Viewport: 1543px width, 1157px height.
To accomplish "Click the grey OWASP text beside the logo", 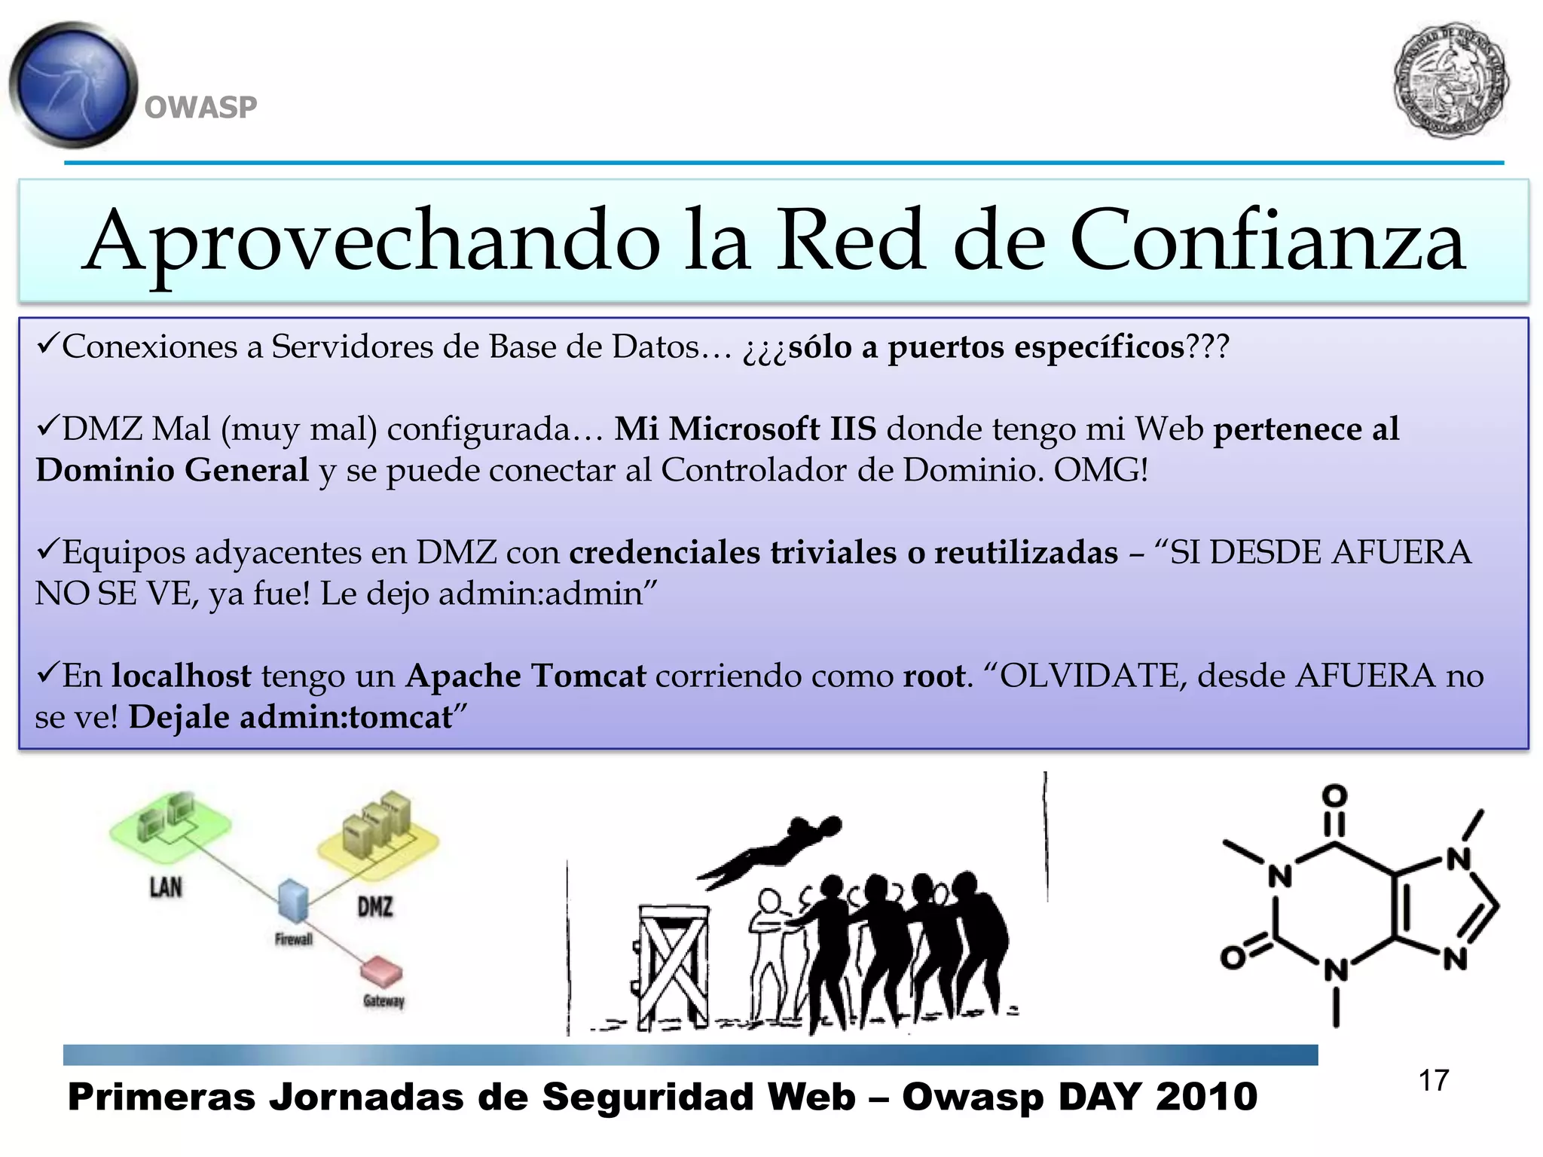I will [200, 108].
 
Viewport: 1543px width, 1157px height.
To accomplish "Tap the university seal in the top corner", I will [1450, 80].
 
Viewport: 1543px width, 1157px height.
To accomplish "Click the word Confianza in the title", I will [1266, 241].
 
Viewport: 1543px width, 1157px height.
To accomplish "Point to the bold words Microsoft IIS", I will [745, 429].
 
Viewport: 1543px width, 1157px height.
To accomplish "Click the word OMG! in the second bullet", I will [1101, 470].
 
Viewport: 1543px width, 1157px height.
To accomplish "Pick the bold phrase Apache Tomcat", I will [526, 676].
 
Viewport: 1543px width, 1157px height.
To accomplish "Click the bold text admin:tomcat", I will [346, 716].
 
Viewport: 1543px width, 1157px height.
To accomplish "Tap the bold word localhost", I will [182, 676].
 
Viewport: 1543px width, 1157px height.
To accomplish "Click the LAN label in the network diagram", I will [166, 887].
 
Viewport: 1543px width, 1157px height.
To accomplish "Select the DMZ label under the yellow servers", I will [375, 906].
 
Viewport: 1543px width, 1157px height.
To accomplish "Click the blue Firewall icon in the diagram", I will [293, 899].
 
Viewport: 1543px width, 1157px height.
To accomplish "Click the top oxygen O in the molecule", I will [1334, 795].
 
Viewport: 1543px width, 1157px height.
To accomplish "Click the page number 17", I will [1433, 1081].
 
